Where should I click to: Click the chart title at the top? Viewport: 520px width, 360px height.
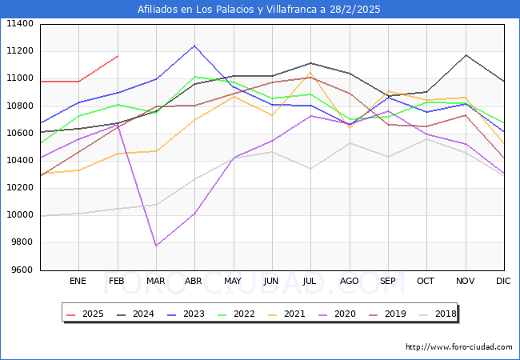[259, 10]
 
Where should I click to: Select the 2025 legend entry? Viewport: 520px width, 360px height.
[84, 314]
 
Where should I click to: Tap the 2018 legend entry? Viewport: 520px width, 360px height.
[437, 314]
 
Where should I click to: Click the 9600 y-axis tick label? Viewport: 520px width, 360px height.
[20, 270]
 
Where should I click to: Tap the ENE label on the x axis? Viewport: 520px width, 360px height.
[78, 281]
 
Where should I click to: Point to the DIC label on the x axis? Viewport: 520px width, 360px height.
[503, 281]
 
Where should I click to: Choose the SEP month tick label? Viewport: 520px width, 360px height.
[388, 281]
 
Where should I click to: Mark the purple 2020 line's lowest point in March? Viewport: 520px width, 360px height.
[156, 246]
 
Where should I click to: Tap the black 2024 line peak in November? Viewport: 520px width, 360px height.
[466, 55]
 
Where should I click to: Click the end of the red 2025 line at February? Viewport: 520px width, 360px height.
[118, 56]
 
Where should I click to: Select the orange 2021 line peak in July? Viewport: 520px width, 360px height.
[310, 73]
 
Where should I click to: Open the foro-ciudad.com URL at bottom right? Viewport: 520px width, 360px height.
[458, 347]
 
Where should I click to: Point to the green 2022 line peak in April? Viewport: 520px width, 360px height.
[194, 77]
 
